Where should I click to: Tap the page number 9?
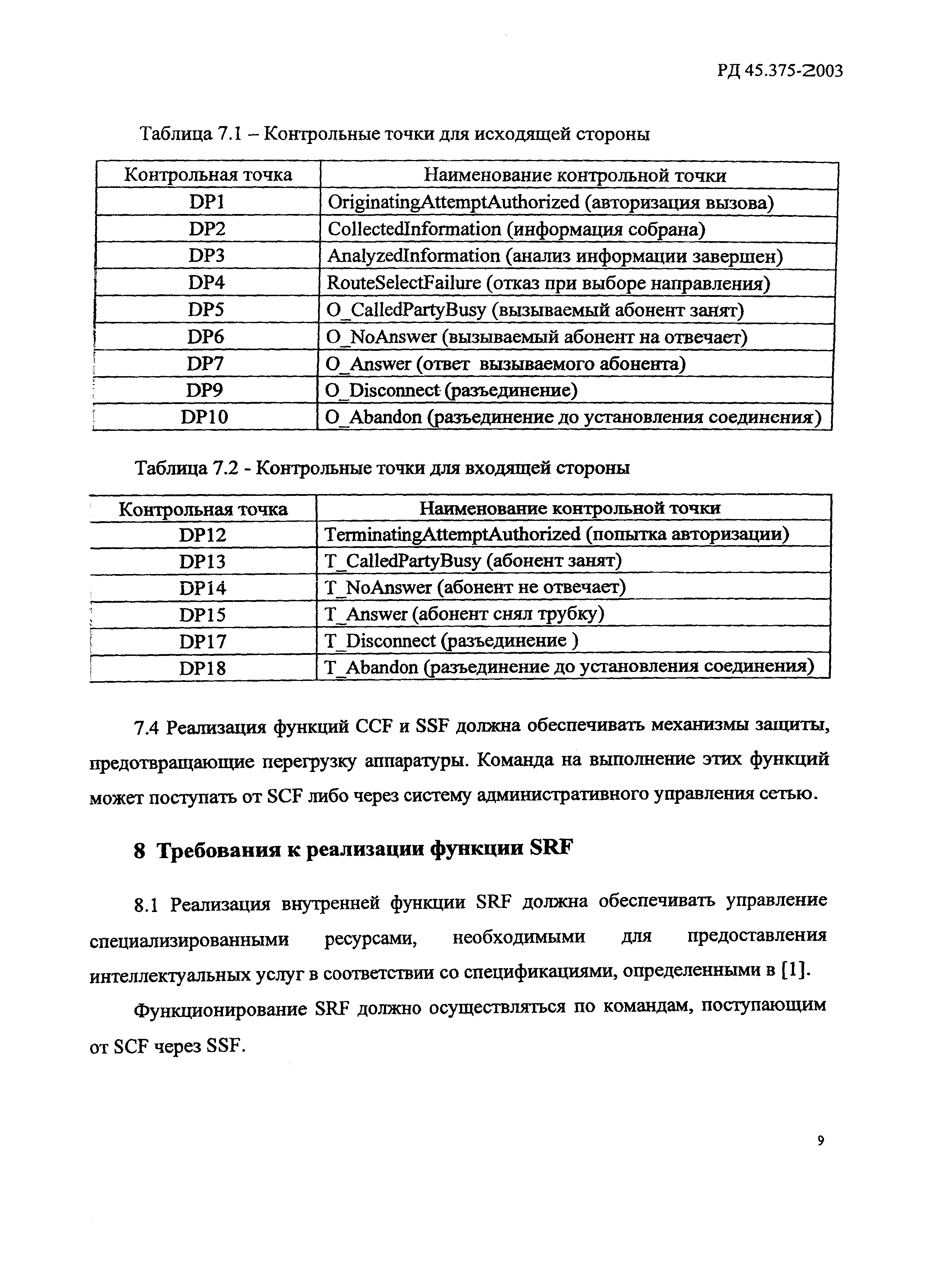click(x=820, y=1141)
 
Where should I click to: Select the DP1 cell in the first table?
click(x=207, y=202)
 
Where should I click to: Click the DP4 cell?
click(x=207, y=283)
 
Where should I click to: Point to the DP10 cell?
click(x=204, y=417)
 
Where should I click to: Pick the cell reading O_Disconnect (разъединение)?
click(x=452, y=390)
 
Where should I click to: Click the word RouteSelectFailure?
click(x=404, y=283)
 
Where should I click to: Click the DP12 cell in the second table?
click(x=202, y=534)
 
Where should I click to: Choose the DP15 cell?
click(x=202, y=614)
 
